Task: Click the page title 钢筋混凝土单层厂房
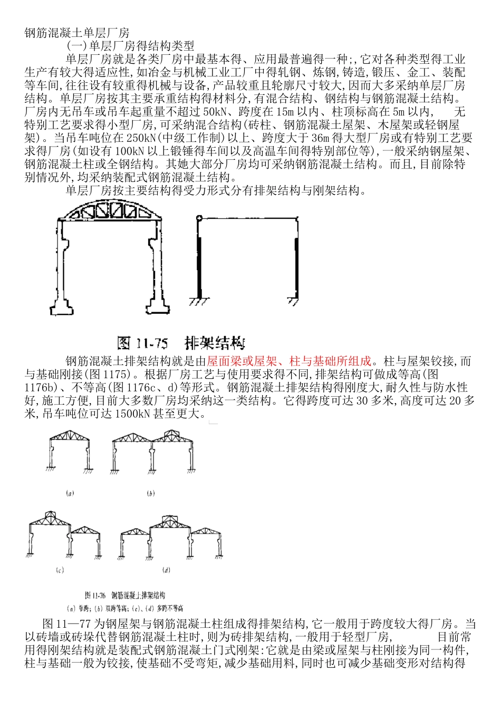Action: pyautogui.click(x=77, y=33)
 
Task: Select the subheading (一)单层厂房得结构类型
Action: pyautogui.click(x=130, y=46)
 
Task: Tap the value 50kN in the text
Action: pyautogui.click(x=215, y=112)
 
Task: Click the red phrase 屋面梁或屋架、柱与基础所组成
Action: pyautogui.click(x=290, y=361)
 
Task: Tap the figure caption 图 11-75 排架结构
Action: pyautogui.click(x=181, y=343)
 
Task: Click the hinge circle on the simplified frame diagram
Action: pyautogui.click(x=198, y=218)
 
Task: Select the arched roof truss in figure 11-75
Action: pyautogui.click(x=112, y=210)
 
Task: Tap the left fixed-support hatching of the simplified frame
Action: pyautogui.click(x=198, y=301)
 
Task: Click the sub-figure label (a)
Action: pyautogui.click(x=69, y=494)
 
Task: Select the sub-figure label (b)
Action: pyautogui.click(x=151, y=494)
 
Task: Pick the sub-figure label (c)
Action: pyautogui.click(x=60, y=571)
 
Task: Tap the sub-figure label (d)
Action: pyautogui.click(x=167, y=570)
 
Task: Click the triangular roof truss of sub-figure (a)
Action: pyautogui.click(x=69, y=435)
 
